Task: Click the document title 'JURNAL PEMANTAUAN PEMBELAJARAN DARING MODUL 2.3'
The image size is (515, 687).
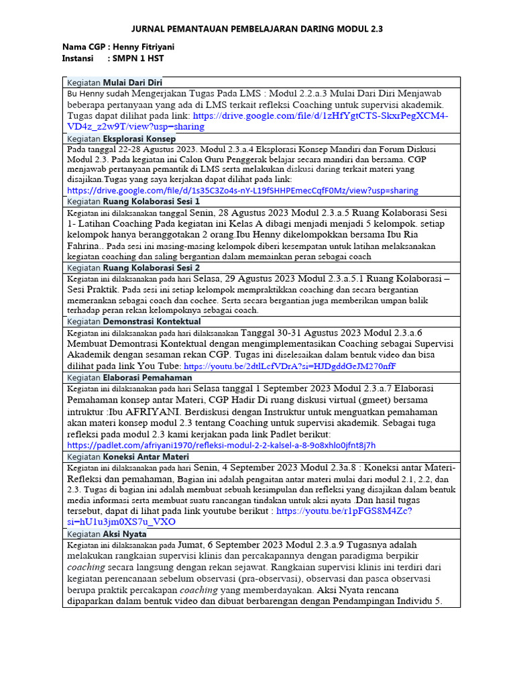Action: coord(257,30)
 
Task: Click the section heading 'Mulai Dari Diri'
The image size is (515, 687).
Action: coord(133,82)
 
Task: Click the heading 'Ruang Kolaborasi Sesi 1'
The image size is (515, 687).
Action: coord(151,201)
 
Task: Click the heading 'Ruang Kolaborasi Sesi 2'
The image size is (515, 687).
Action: coord(151,267)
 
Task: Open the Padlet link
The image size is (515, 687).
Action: coord(221,444)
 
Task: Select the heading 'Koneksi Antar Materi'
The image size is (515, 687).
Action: coord(146,456)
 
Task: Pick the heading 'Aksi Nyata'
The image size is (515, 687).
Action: coord(124,534)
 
